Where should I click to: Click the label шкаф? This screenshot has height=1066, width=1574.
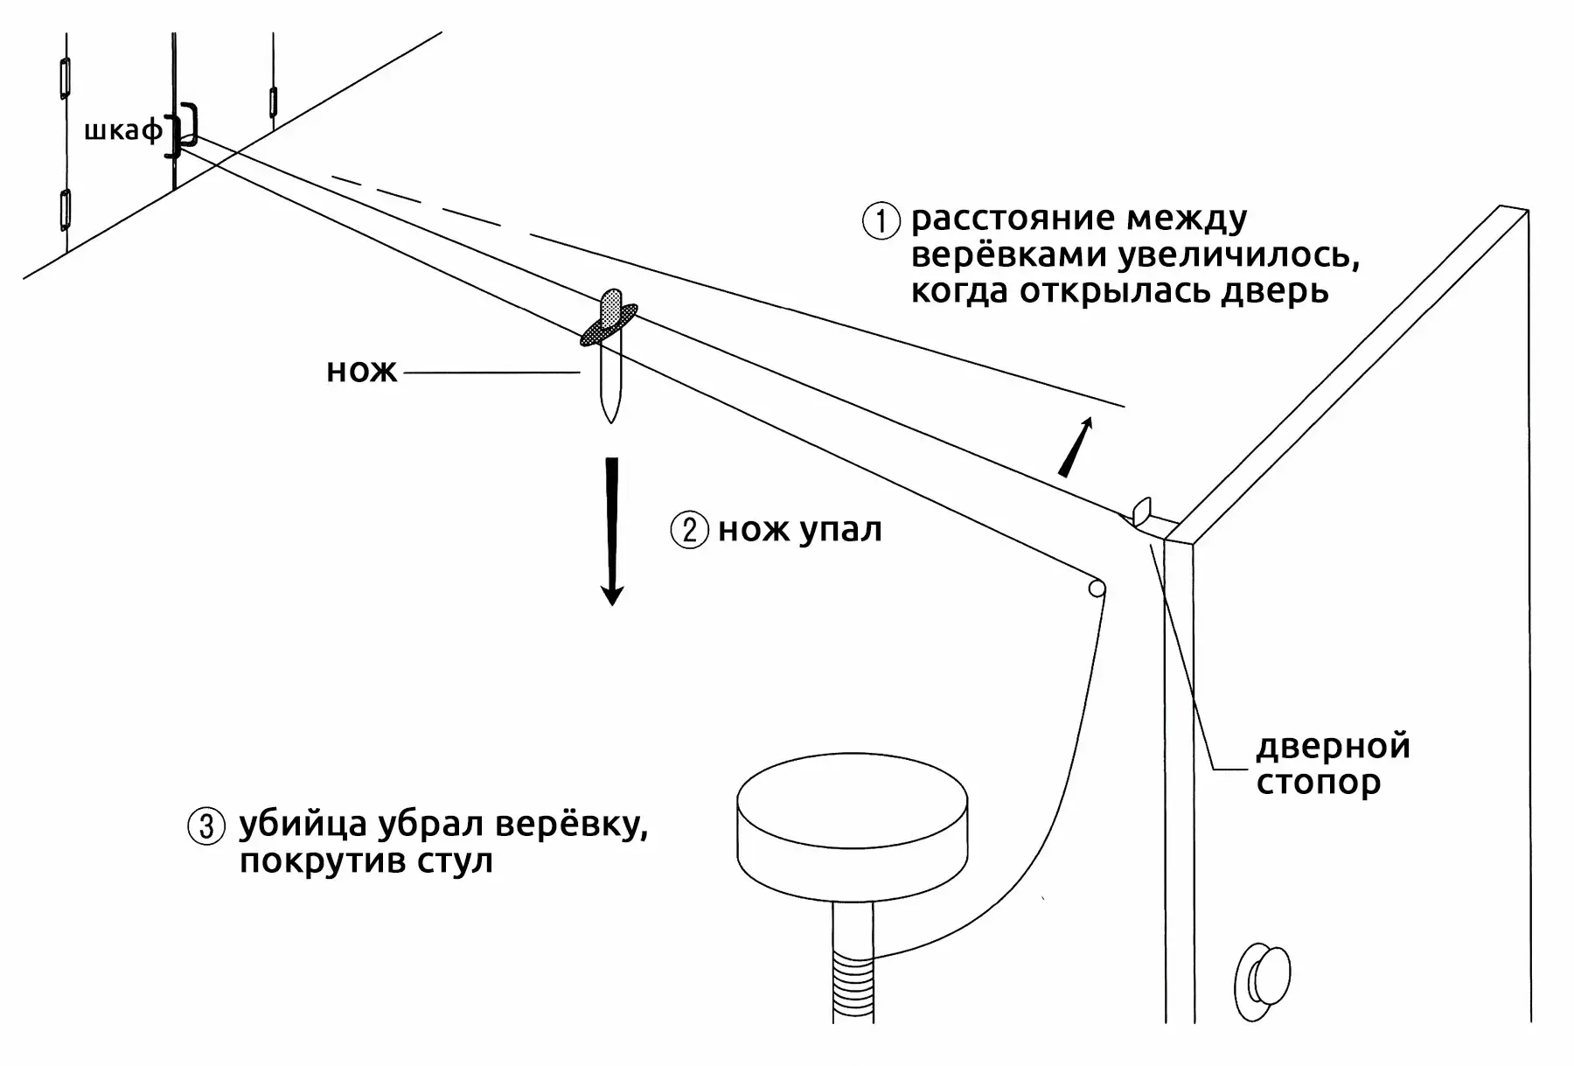coord(123,132)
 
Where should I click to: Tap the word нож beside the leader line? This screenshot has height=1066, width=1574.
coord(362,372)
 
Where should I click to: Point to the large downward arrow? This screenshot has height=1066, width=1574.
coord(612,531)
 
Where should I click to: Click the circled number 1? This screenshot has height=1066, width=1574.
coord(881,220)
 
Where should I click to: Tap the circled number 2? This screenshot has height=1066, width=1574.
coord(689,530)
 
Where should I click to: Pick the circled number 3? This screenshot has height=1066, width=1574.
coord(206,826)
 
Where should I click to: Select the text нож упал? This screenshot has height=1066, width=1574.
coord(800,530)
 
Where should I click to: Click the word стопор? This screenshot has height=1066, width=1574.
coord(1319,782)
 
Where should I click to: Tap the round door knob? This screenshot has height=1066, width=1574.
coord(1263,981)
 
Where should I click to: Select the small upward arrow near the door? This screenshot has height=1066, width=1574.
coord(1076,447)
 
